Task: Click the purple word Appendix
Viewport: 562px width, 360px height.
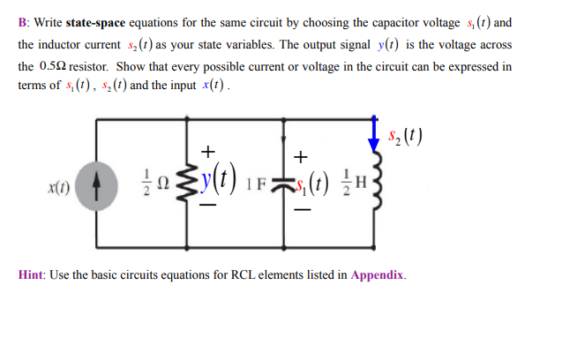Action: [377, 275]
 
